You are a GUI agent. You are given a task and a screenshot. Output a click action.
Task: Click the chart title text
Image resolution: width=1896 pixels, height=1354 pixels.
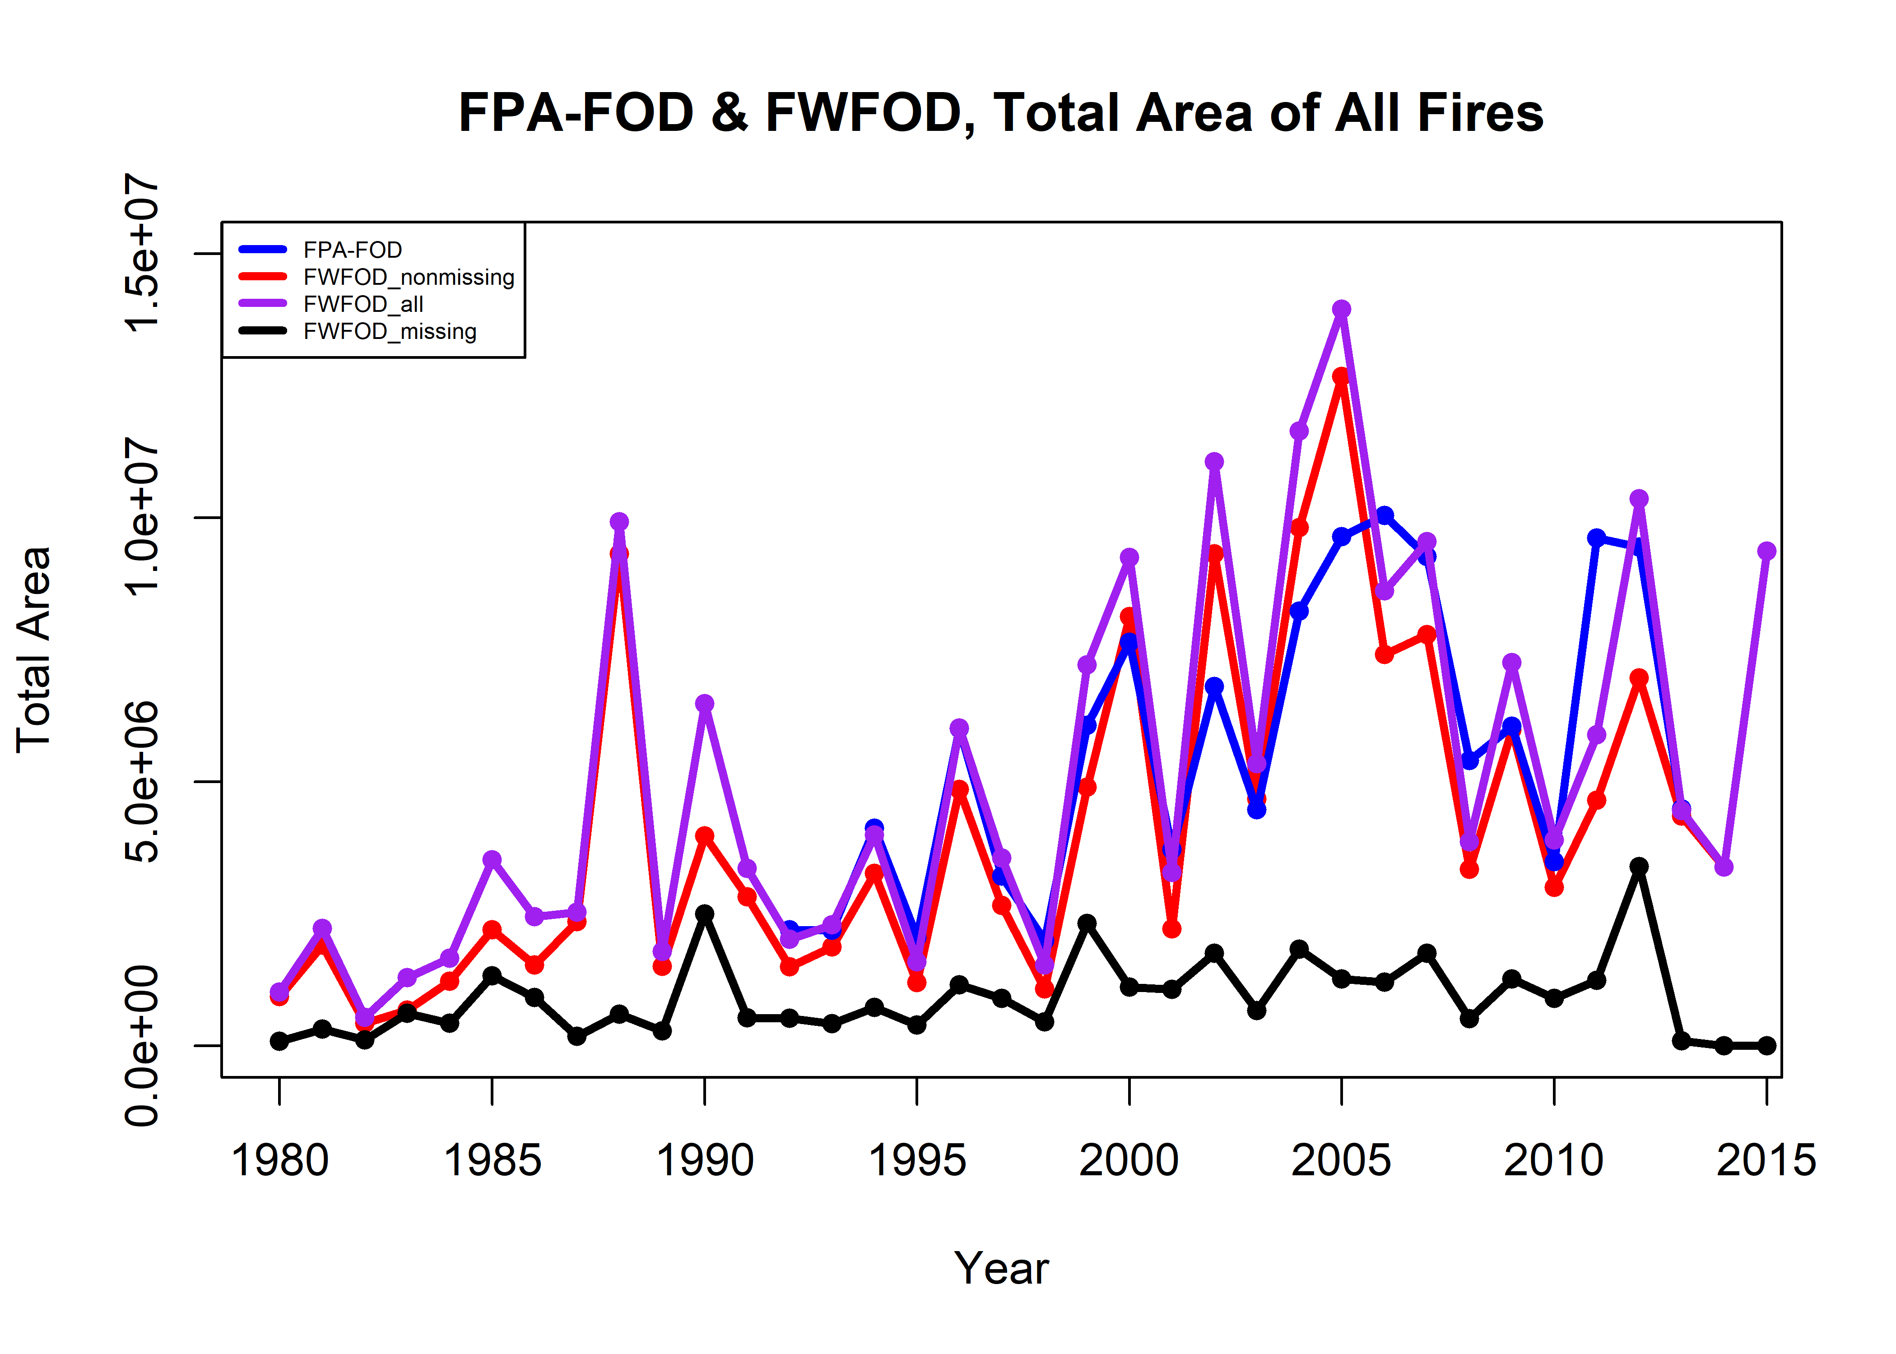(x=1000, y=113)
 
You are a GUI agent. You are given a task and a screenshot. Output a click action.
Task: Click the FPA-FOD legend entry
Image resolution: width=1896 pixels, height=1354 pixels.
(x=352, y=250)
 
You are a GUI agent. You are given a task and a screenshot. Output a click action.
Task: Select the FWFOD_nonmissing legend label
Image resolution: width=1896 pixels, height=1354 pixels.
(x=409, y=277)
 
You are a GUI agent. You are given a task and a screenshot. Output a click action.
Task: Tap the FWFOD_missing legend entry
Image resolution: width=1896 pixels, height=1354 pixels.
(x=390, y=332)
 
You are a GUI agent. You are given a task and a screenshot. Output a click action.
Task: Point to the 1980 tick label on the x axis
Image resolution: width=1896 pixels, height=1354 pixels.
(x=280, y=1160)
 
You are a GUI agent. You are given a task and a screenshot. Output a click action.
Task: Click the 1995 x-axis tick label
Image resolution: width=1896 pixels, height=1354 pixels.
(x=917, y=1160)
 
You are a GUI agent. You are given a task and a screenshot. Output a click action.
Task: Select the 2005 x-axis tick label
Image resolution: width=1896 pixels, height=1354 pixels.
(x=1342, y=1160)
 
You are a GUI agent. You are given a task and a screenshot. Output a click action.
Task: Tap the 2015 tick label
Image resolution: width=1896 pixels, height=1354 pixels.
(x=1766, y=1160)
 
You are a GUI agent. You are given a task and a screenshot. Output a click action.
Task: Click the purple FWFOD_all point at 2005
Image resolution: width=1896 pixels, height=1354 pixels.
(x=1342, y=309)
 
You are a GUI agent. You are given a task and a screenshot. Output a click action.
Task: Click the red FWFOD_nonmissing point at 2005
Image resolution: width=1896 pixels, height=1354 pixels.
(x=1342, y=377)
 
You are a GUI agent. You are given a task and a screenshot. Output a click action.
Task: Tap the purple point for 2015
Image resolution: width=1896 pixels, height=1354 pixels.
(x=1766, y=551)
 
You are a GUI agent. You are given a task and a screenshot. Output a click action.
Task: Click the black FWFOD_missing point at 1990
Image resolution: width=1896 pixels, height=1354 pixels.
(x=705, y=914)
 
